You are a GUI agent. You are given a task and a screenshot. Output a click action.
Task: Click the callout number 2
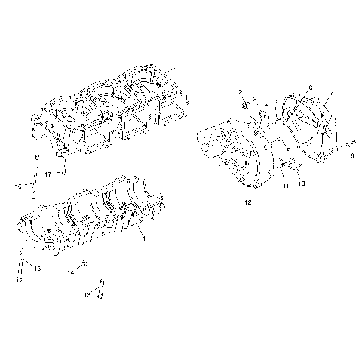[x=241, y=92]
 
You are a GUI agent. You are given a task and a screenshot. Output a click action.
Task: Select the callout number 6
[x=310, y=88]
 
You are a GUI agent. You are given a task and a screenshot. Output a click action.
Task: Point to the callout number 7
[x=330, y=93]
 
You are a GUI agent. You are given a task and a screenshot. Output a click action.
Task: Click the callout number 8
[x=352, y=156]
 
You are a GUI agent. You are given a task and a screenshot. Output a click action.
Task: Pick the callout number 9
[x=287, y=152]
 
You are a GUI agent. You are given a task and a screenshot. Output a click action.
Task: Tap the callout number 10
[x=302, y=183]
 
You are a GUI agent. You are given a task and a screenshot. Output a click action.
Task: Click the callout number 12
[x=247, y=202]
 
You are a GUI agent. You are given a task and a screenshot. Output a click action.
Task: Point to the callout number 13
[x=87, y=295]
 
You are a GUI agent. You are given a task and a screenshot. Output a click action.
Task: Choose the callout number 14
[x=71, y=270]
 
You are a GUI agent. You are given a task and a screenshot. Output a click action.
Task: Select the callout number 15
[x=38, y=268]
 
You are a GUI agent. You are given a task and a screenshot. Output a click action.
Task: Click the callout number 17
[x=47, y=174]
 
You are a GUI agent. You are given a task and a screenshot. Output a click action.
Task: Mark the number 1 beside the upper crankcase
[x=179, y=68]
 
